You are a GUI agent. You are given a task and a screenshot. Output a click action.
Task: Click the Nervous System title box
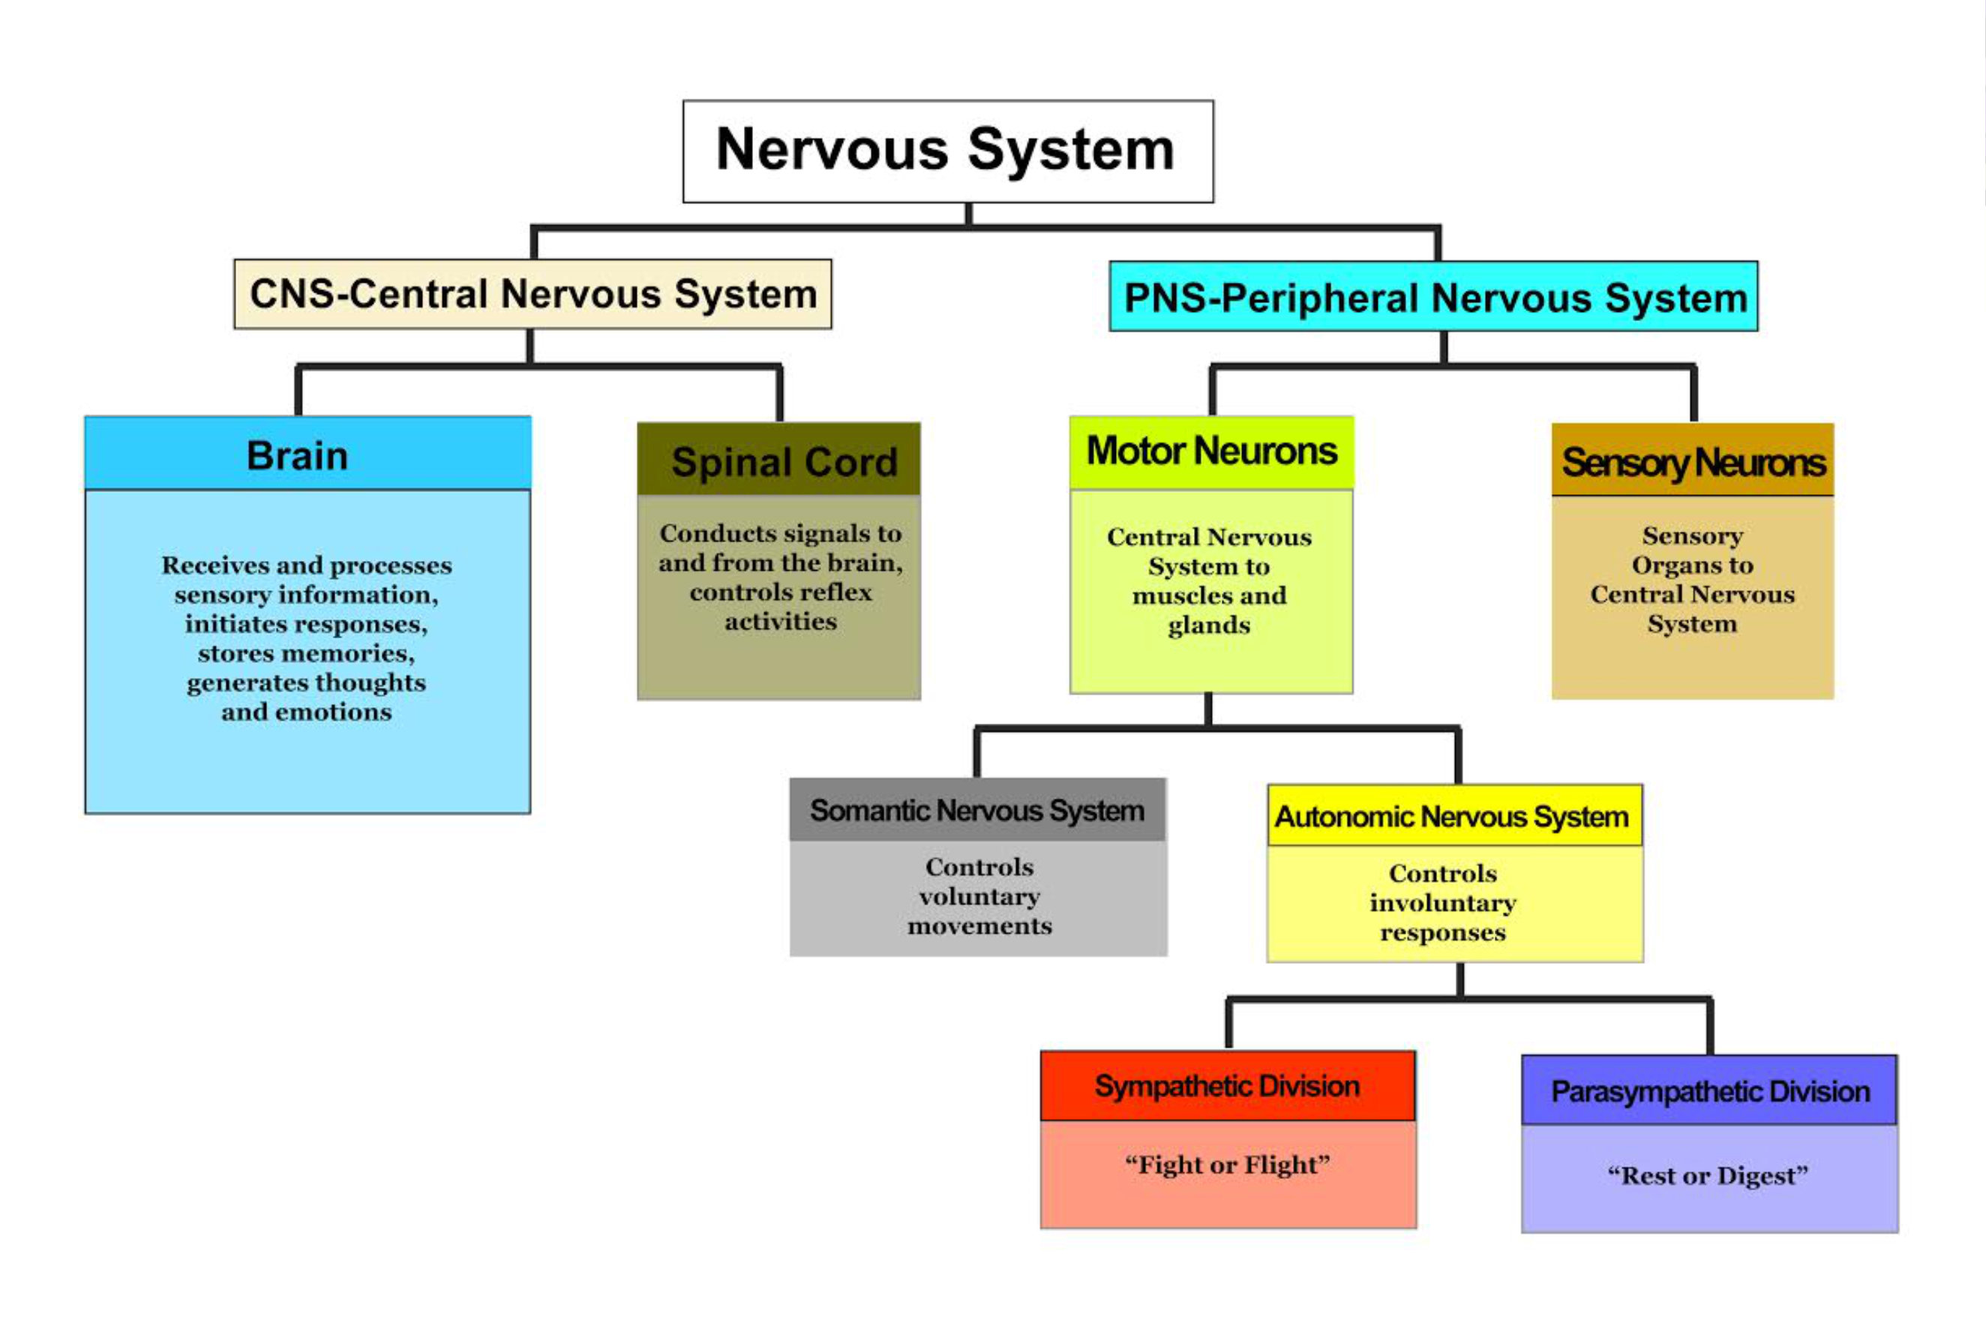947,151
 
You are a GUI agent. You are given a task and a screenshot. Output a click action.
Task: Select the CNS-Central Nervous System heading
533,294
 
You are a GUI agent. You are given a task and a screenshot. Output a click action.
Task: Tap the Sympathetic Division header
1228,1085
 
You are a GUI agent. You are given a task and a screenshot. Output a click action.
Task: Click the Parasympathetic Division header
1709,1090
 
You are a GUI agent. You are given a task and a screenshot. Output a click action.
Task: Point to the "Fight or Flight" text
1228,1164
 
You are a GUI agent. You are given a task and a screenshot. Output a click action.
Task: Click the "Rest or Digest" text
1708,1175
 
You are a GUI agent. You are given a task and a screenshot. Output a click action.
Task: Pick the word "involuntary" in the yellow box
1443,903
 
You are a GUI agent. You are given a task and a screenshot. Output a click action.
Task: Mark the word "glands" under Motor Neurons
1209,625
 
